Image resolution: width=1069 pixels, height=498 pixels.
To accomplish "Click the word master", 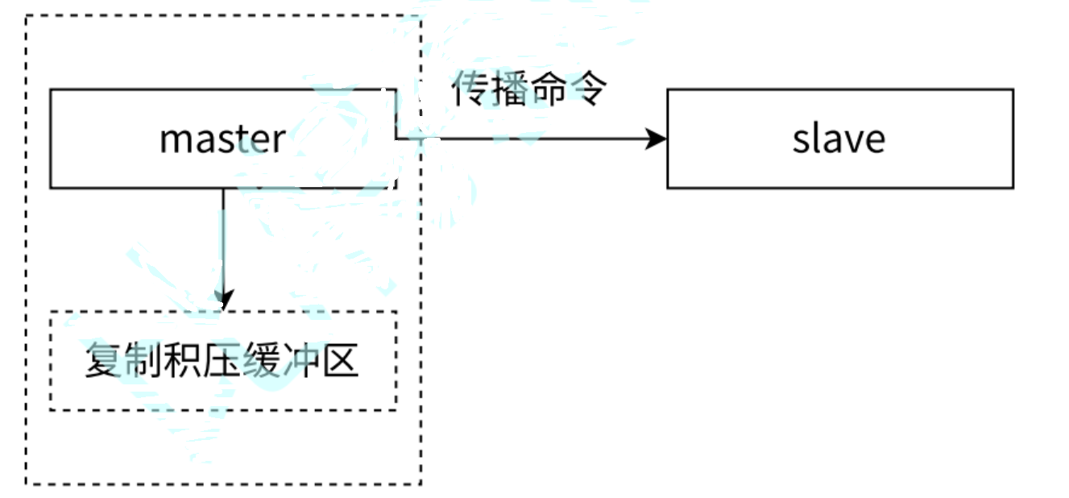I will tap(222, 139).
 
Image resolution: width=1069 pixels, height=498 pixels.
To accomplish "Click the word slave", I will tap(839, 139).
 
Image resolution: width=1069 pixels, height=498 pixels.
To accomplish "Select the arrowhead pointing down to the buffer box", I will tap(223, 299).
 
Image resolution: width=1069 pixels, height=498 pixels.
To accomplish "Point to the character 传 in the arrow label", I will tap(469, 89).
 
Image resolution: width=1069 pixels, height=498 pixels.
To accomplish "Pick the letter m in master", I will tap(175, 141).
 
